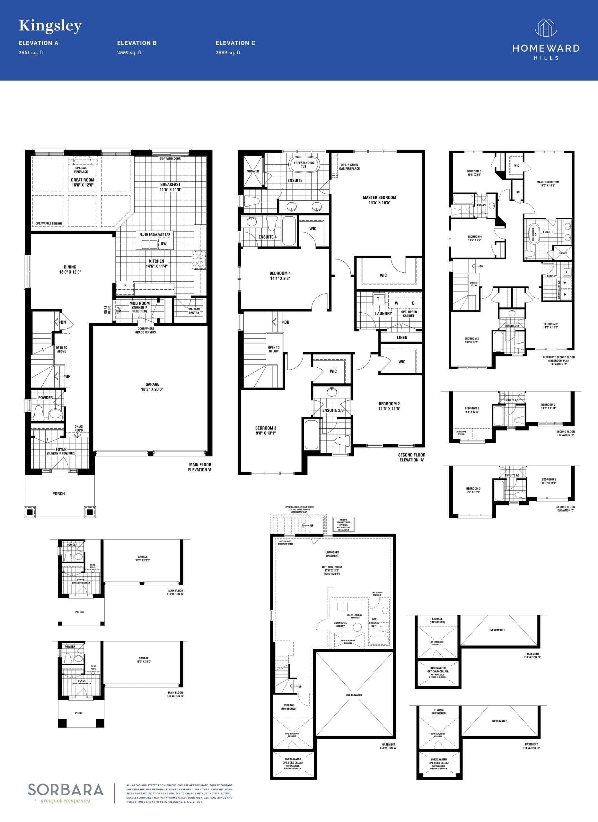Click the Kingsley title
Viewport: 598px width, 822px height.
pyautogui.click(x=50, y=26)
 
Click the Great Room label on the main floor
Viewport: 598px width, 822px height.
pyautogui.click(x=83, y=180)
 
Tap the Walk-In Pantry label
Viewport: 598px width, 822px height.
pyautogui.click(x=194, y=311)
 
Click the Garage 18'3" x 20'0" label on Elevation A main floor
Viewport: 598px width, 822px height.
pyautogui.click(x=152, y=387)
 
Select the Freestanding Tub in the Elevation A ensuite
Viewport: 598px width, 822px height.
pyautogui.click(x=304, y=165)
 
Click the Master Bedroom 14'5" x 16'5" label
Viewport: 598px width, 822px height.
pyautogui.click(x=380, y=200)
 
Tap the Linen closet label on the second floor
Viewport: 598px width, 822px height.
pyautogui.click(x=402, y=337)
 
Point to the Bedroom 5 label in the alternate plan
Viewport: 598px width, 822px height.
pyautogui.click(x=474, y=173)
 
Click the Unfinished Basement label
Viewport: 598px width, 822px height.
pyautogui.click(x=332, y=554)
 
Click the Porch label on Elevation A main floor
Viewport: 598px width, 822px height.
pyautogui.click(x=58, y=494)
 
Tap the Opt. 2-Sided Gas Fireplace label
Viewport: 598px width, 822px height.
pyautogui.click(x=349, y=167)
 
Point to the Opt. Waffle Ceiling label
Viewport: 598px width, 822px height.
pyautogui.click(x=48, y=223)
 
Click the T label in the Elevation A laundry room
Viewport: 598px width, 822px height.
pyautogui.click(x=378, y=299)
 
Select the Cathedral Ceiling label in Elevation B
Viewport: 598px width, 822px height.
pyautogui.click(x=461, y=433)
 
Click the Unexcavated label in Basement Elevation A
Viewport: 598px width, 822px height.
pyautogui.click(x=354, y=695)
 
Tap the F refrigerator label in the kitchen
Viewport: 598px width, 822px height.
pyautogui.click(x=125, y=285)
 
